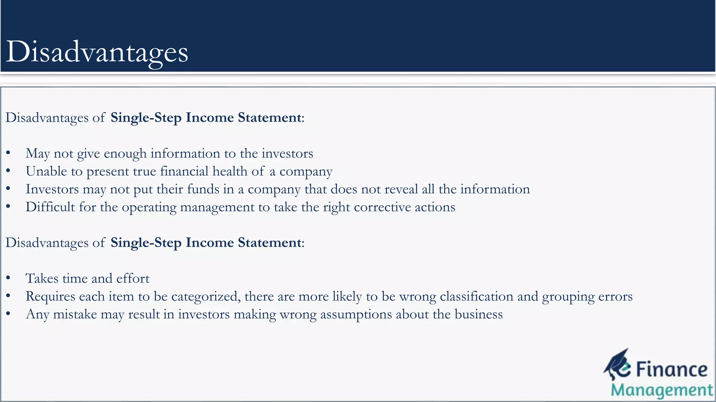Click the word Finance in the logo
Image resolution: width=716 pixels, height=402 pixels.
pos(672,370)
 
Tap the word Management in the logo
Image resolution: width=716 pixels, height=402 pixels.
pos(662,390)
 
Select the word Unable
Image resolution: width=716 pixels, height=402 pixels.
pos(46,171)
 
